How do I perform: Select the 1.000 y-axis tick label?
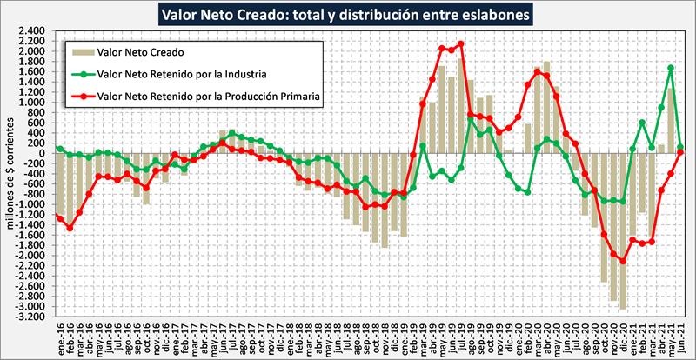[31, 102]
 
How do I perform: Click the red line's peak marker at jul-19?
[460, 43]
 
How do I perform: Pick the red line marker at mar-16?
[79, 212]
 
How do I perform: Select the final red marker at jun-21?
[679, 152]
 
